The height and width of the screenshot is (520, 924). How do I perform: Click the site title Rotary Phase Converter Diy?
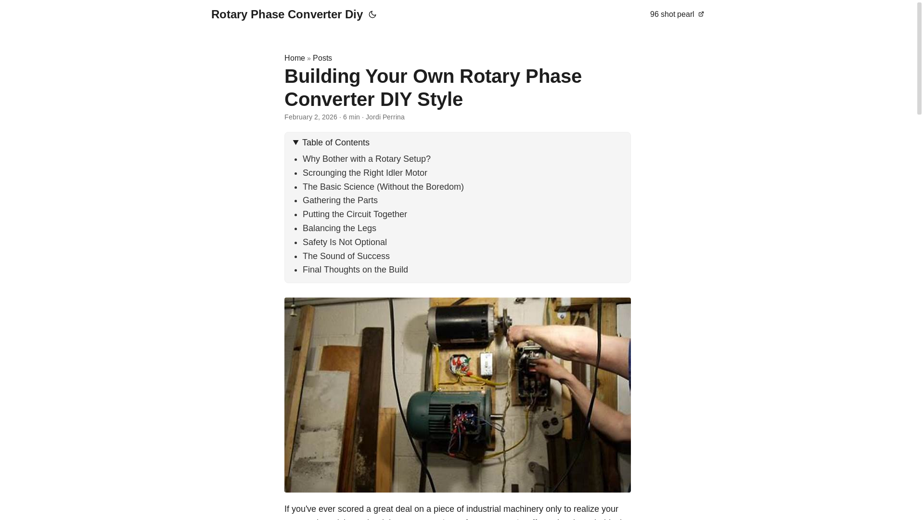pyautogui.click(x=287, y=14)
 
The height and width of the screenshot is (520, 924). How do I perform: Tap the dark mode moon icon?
pyautogui.click(x=372, y=15)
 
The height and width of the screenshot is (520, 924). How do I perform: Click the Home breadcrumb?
pyautogui.click(x=295, y=58)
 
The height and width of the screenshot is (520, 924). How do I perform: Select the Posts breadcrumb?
pyautogui.click(x=322, y=58)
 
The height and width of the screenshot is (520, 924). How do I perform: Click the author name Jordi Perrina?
pyautogui.click(x=385, y=117)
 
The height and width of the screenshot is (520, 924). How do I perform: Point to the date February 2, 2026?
pyautogui.click(x=311, y=117)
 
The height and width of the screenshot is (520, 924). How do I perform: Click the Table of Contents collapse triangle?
pyautogui.click(x=296, y=143)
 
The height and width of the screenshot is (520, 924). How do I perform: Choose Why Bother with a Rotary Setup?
pyautogui.click(x=366, y=159)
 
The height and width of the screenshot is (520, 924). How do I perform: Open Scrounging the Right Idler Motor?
pyautogui.click(x=365, y=173)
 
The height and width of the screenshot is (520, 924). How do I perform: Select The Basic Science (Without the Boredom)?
pyautogui.click(x=383, y=187)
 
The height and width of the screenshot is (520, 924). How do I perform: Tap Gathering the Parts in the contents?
pyautogui.click(x=340, y=200)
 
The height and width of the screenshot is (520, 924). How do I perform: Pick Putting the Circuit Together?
pyautogui.click(x=355, y=214)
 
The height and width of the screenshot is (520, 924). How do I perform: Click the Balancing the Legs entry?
pyautogui.click(x=339, y=228)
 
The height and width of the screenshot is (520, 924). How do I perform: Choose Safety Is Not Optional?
pyautogui.click(x=345, y=242)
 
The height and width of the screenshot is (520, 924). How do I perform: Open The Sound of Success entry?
pyautogui.click(x=346, y=256)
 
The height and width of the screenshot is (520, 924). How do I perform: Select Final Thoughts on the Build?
pyautogui.click(x=355, y=270)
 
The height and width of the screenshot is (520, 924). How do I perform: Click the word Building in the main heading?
pyautogui.click(x=322, y=77)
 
